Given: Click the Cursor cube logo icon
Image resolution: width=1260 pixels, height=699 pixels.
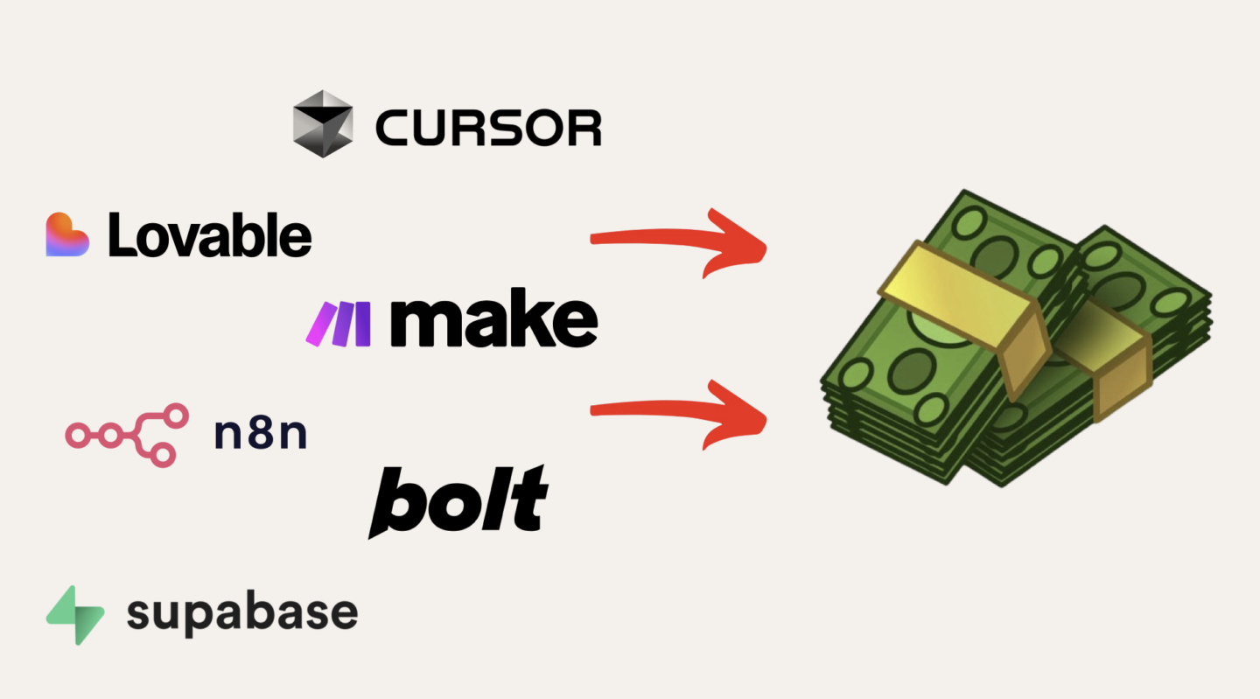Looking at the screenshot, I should click(x=323, y=123).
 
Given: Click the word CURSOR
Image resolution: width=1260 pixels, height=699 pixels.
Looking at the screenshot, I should click(x=488, y=129).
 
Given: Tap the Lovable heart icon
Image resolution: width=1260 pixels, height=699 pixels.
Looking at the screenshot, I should click(x=67, y=234).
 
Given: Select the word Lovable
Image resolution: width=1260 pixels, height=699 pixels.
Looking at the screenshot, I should click(x=210, y=234).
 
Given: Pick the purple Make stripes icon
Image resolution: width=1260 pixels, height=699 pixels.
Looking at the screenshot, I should click(x=338, y=323).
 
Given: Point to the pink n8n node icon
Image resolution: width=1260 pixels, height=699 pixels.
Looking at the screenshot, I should click(x=127, y=434).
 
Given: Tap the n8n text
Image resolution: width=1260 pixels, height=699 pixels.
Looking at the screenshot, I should click(x=261, y=434).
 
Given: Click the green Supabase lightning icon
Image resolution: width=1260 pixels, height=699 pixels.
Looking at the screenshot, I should click(x=75, y=615).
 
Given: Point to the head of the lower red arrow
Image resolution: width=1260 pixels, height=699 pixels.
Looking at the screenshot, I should click(x=744, y=417).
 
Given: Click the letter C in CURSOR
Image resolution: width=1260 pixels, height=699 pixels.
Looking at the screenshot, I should click(x=393, y=129).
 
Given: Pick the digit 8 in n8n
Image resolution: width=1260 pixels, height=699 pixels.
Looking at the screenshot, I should click(x=261, y=434).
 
